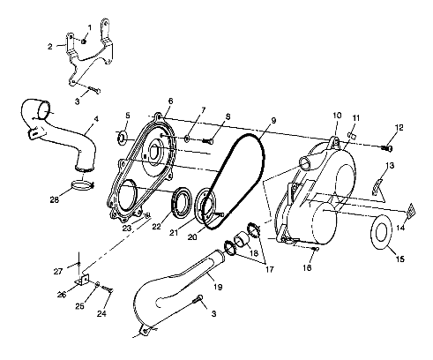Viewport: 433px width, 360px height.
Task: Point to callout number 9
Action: pos(274,120)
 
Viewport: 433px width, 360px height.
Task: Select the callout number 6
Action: pos(170,101)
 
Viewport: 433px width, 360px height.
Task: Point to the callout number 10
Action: pos(336,116)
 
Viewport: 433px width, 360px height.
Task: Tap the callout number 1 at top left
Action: pos(89,28)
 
